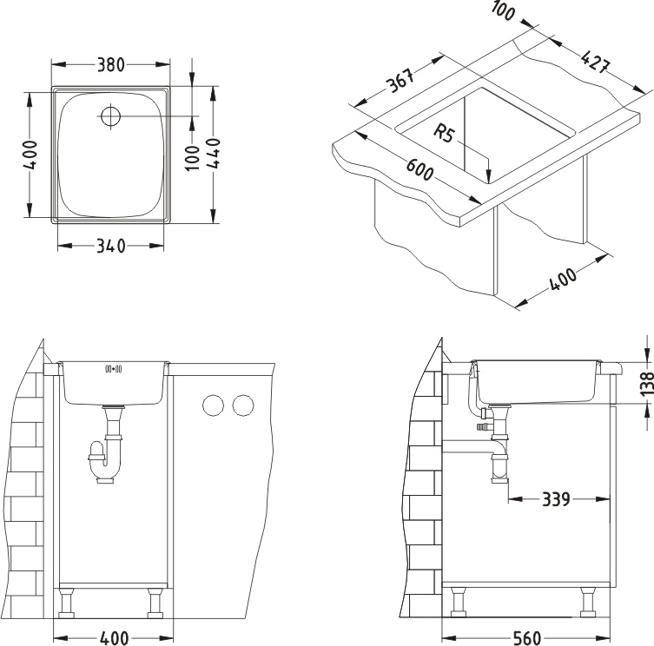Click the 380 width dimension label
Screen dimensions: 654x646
[111, 64]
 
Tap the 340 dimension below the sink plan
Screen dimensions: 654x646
[111, 246]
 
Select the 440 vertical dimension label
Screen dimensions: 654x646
[214, 153]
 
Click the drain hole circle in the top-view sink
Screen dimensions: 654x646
[110, 115]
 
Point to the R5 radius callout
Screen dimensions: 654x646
[444, 134]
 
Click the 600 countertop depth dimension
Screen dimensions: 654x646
[419, 169]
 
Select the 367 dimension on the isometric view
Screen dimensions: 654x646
[401, 80]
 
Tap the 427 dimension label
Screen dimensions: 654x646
[596, 62]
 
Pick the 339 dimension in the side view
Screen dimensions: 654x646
[556, 498]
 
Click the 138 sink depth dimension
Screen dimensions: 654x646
[646, 383]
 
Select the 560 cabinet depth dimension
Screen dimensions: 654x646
[525, 638]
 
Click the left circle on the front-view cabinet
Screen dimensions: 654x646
[213, 405]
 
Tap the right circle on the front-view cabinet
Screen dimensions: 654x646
[243, 405]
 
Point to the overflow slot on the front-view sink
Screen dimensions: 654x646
[114, 369]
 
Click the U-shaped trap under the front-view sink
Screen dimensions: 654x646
[105, 458]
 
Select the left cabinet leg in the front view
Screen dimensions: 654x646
[66, 603]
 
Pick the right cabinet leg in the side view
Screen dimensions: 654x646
[588, 602]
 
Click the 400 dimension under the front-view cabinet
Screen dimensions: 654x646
[115, 638]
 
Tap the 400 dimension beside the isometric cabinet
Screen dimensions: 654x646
[563, 279]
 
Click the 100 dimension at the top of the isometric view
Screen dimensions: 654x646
[503, 10]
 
